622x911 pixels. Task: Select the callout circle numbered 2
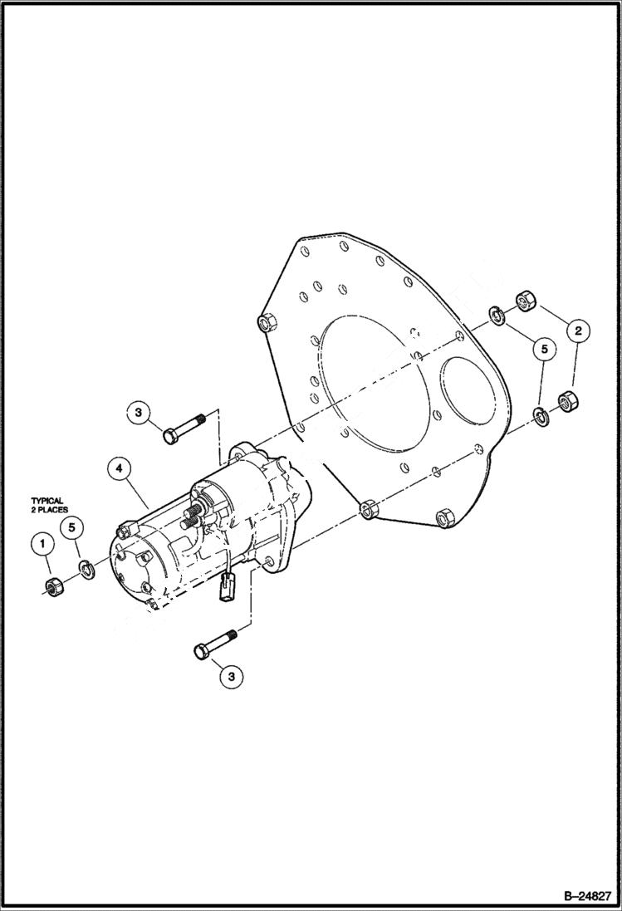(x=579, y=330)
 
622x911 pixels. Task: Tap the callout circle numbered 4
(x=119, y=468)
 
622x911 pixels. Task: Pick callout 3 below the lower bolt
(x=232, y=677)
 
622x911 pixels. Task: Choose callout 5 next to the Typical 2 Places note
(x=73, y=527)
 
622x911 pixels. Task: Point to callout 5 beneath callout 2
(x=544, y=350)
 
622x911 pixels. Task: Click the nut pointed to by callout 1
(x=52, y=586)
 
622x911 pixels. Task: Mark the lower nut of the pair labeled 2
(x=569, y=400)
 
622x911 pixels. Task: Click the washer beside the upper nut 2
(x=497, y=316)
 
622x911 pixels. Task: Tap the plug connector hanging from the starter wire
(x=230, y=589)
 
